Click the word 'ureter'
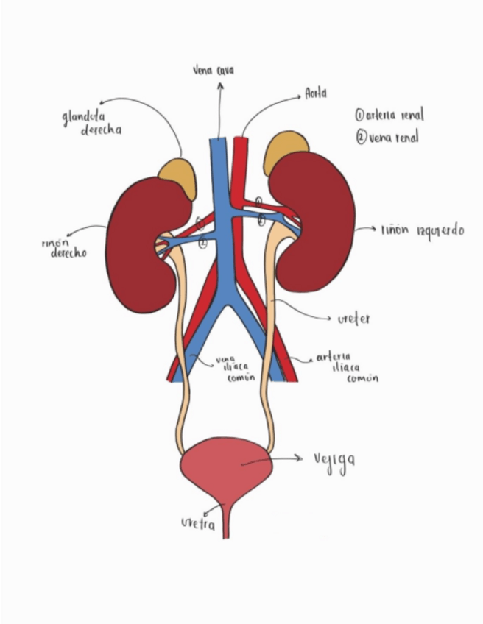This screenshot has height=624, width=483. [353, 319]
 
